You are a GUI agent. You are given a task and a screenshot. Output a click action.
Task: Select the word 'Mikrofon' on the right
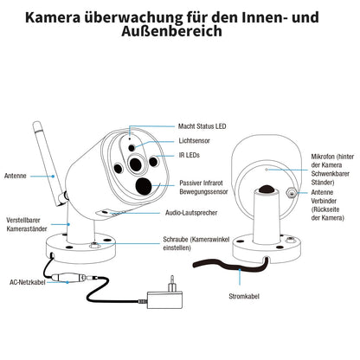pos(327,157)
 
